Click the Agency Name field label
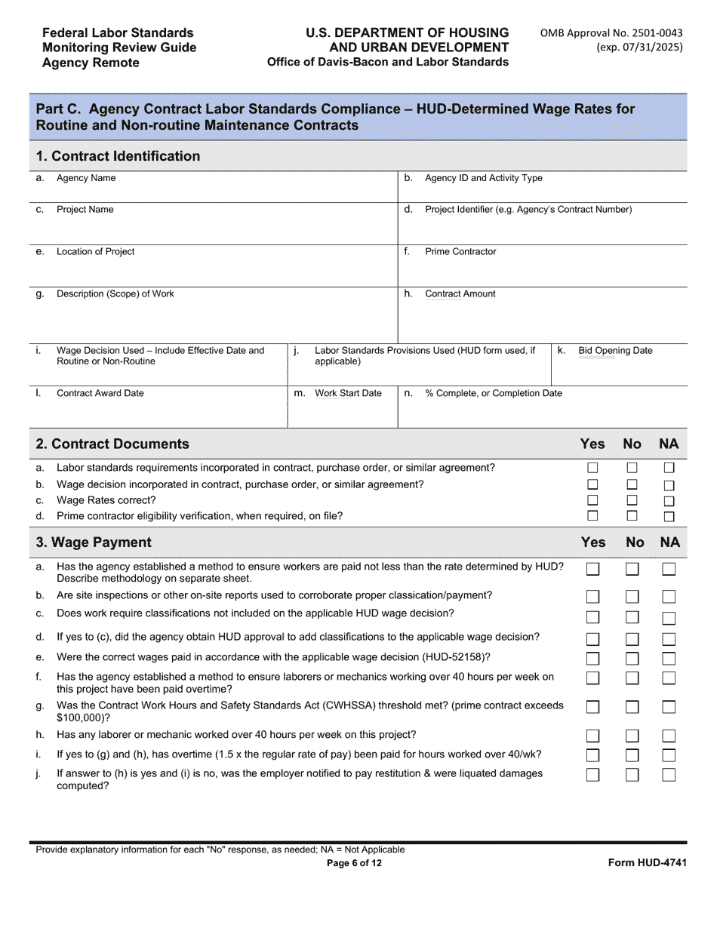[86, 178]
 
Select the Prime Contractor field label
[460, 251]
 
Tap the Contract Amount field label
[460, 293]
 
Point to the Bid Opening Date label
[615, 350]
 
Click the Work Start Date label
[348, 393]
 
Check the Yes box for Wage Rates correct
[592, 500]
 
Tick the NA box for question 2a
[669, 468]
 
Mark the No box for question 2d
[632, 516]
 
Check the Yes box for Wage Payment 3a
[593, 569]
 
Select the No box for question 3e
[632, 659]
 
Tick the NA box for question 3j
[669, 775]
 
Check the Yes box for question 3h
[593, 736]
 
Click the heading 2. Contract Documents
[112, 444]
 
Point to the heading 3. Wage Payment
[94, 542]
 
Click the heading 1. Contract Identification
[118, 156]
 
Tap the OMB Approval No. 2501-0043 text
[611, 32]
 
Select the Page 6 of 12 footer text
[354, 863]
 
